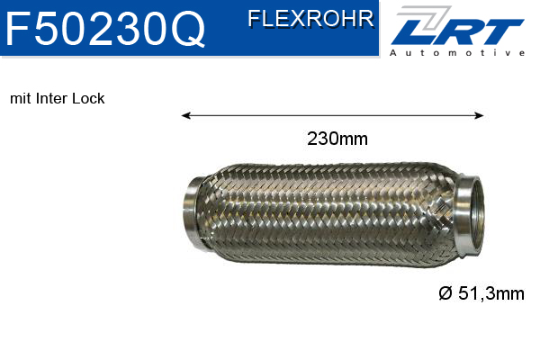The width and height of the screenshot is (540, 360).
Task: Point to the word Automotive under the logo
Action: click(457, 54)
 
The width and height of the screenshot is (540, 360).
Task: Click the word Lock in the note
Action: click(89, 98)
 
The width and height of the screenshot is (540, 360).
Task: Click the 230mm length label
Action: click(337, 139)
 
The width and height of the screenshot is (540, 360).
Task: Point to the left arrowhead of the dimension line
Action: click(185, 115)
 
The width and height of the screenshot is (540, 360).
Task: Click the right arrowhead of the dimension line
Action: click(481, 115)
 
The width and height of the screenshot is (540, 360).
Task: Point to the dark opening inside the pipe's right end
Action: click(474, 217)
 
